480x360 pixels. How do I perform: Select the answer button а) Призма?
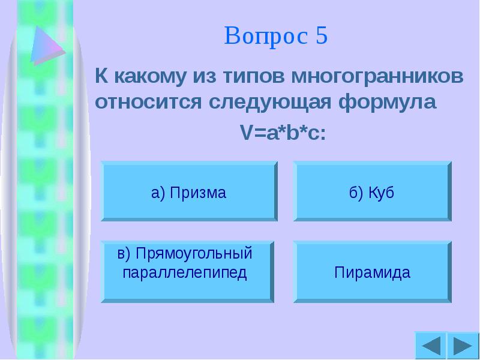[x=188, y=193]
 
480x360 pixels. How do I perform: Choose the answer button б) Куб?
[x=371, y=193]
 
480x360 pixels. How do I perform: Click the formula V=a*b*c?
[x=283, y=132]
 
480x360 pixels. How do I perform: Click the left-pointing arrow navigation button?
[x=430, y=346]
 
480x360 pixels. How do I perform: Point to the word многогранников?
[x=377, y=77]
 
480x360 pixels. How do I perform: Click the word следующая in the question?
[x=269, y=101]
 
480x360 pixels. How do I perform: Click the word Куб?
[x=381, y=193]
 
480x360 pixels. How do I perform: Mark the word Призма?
[x=197, y=193]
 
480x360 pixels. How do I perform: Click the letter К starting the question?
[x=102, y=77]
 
